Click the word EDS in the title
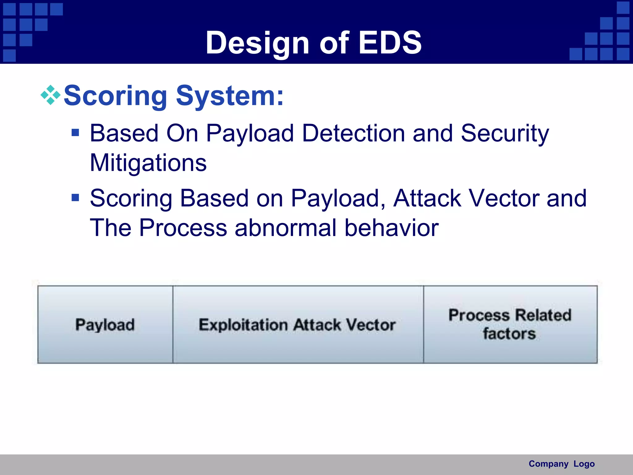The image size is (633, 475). point(390,43)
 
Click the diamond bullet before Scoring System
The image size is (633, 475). point(50,95)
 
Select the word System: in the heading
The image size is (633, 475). point(230,96)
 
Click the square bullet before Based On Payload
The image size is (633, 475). point(75,133)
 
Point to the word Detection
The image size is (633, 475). point(353,133)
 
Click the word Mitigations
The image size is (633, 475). point(148,163)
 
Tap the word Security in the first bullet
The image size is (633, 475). point(505,133)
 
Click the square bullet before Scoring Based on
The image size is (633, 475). point(75,198)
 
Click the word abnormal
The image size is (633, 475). point(285,228)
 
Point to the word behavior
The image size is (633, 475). point(391,228)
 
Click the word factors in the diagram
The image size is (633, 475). point(509,334)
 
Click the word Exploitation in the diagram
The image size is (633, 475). point(243,325)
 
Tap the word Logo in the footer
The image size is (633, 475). point(584,464)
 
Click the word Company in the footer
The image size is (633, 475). point(548,464)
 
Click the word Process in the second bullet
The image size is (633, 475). point(183,228)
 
